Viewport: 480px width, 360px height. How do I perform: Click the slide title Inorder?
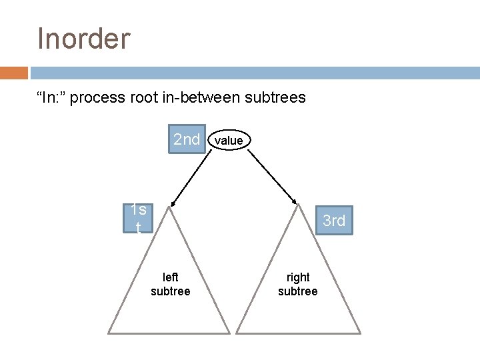[83, 39]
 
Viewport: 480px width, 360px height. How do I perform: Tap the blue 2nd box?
[187, 139]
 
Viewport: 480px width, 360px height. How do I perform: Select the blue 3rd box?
[334, 221]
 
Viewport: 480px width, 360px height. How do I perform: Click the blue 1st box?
[138, 218]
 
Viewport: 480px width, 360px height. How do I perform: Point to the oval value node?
[229, 140]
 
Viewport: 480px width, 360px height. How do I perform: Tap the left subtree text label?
[171, 284]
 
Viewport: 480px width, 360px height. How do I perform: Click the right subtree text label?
[298, 284]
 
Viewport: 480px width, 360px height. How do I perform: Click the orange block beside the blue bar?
[13, 73]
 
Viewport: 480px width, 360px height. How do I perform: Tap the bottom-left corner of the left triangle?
[109, 332]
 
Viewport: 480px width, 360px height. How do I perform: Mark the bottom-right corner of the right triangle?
[360, 332]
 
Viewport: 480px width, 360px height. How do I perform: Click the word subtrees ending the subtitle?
[275, 97]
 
